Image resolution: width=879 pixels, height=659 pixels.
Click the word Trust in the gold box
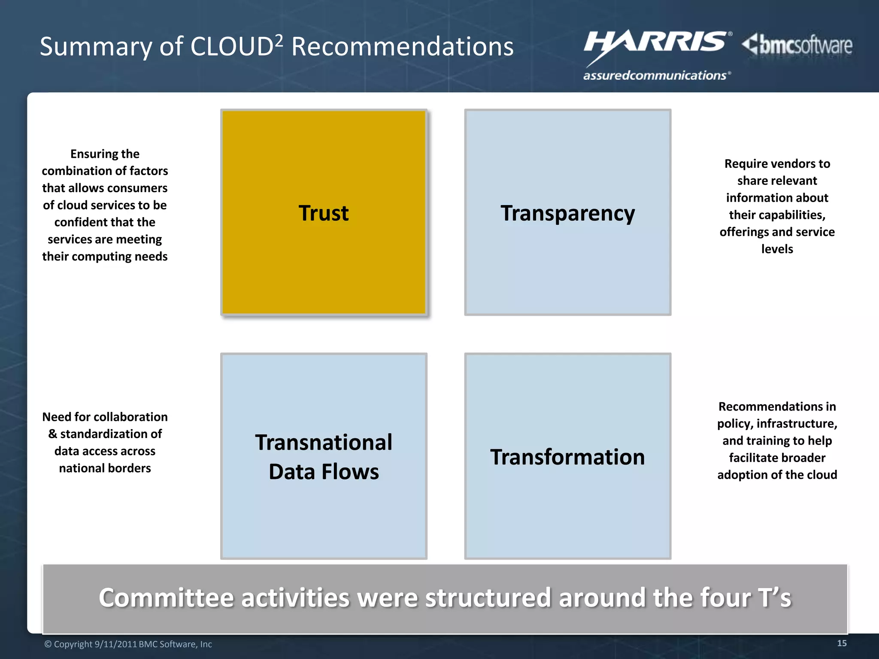324,213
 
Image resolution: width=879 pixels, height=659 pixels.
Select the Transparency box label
567,213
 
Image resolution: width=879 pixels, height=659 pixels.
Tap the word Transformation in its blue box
567,457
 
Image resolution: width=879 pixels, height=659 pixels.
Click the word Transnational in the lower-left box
324,442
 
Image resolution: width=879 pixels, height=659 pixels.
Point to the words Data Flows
324,472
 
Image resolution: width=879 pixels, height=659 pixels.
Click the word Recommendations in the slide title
403,47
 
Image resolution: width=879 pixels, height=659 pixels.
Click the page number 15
842,643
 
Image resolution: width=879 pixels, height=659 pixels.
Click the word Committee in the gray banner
166,598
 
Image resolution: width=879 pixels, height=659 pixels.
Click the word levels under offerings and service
777,249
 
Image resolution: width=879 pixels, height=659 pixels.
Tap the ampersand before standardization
53,434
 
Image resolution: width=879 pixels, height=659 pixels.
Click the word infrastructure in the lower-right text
797,423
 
